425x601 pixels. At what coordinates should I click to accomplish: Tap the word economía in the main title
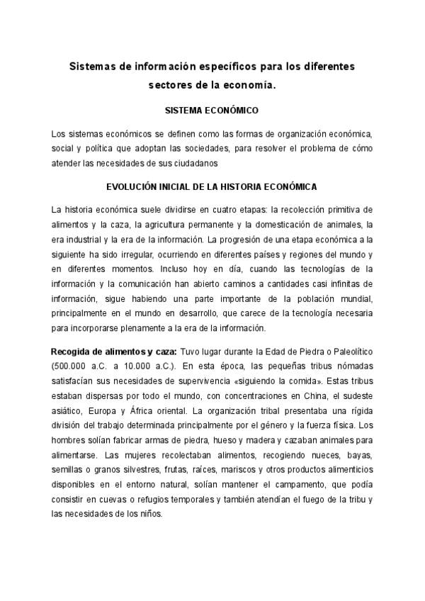(x=249, y=85)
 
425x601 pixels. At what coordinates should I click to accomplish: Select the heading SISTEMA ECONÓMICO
(x=211, y=111)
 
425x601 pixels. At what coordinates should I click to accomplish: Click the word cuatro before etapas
(x=202, y=210)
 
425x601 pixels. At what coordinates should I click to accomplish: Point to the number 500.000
(x=70, y=367)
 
